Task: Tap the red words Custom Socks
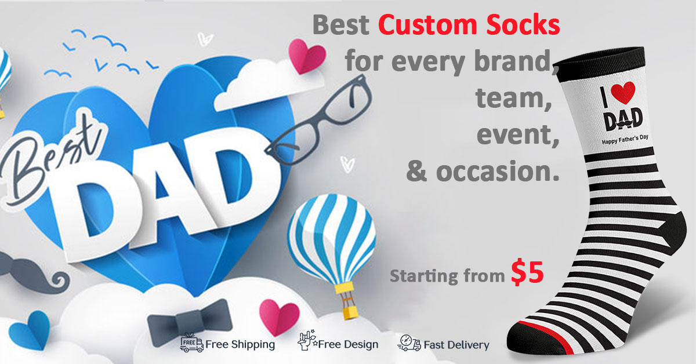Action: click(x=469, y=25)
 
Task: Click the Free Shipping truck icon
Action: click(x=191, y=343)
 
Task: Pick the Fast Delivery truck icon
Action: click(x=409, y=344)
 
